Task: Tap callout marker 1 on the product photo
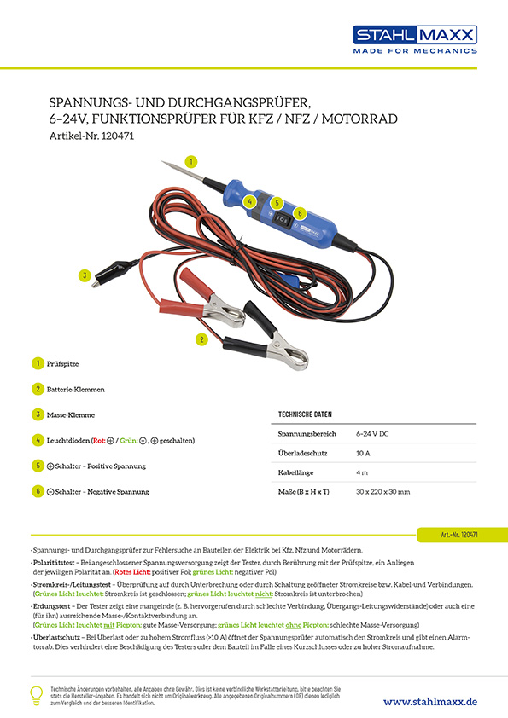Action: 191,160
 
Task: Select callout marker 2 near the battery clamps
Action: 201,339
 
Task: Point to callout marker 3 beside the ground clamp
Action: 84,275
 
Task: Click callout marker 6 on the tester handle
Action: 300,212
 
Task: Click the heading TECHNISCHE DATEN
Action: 305,414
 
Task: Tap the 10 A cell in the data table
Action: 363,454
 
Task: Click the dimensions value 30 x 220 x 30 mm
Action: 382,492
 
